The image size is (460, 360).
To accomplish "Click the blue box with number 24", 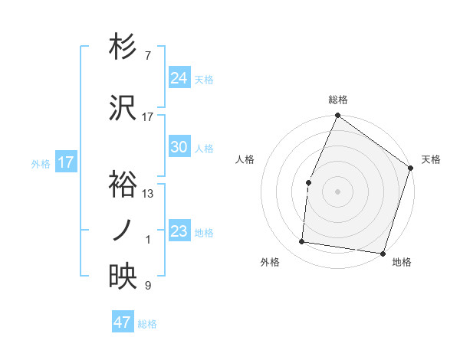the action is (179, 78).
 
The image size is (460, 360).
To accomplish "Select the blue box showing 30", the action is (179, 148).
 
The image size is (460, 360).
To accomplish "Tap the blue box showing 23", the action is (179, 231).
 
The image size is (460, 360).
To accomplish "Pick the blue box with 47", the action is (123, 322).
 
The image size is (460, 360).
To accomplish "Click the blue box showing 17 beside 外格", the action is (66, 162).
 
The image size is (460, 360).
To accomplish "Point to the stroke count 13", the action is (148, 194).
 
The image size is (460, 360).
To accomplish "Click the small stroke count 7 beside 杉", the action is (148, 56).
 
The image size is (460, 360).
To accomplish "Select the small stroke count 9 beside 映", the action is (148, 286).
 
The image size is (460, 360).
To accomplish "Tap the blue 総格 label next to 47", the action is (147, 324).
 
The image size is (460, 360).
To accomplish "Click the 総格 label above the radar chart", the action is (338, 100).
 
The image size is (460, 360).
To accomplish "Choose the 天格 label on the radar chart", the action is (431, 159).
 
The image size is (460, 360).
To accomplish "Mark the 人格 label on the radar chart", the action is (245, 159).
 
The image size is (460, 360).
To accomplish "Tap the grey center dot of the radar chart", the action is (338, 191).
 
